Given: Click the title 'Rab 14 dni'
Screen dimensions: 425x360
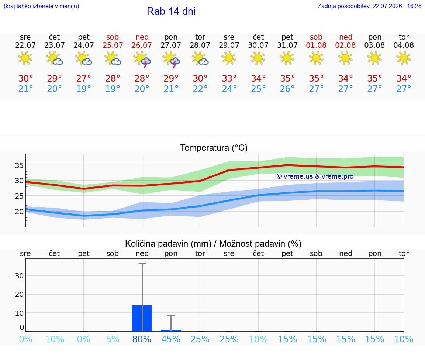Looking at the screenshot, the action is pos(171,11).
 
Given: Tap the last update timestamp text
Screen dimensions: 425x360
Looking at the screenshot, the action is pos(369,6).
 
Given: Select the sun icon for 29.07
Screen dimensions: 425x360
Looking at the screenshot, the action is pos(229,58).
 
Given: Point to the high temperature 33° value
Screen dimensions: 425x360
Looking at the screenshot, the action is pos(229,78).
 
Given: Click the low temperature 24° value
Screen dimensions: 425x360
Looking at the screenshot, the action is pos(229,89).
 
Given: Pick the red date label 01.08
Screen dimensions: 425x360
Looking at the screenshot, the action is pos(316,45).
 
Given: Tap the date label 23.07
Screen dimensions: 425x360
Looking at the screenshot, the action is pos(55,45).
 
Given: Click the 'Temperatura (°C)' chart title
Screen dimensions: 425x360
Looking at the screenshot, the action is pos(214,148).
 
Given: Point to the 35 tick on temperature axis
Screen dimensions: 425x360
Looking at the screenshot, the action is pos(19,165).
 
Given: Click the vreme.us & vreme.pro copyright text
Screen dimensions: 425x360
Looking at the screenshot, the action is pos(315,176).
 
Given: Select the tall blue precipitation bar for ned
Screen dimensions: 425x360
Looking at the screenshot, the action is pos(142,318).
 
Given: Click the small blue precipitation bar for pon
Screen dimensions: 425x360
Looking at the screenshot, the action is pos(171,330).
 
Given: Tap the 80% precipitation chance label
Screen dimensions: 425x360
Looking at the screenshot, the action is pos(142,339).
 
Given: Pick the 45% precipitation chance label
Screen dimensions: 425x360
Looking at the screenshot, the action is pos(171,339).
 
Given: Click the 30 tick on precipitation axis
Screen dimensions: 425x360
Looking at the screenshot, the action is pos(19,276).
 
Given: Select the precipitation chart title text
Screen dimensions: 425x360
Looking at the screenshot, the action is pos(213,244).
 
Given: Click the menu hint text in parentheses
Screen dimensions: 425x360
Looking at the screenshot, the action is pos(41,6).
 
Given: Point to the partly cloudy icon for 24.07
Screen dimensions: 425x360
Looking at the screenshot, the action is pos(83,59).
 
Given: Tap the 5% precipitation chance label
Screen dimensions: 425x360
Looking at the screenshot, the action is pos(113,339).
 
